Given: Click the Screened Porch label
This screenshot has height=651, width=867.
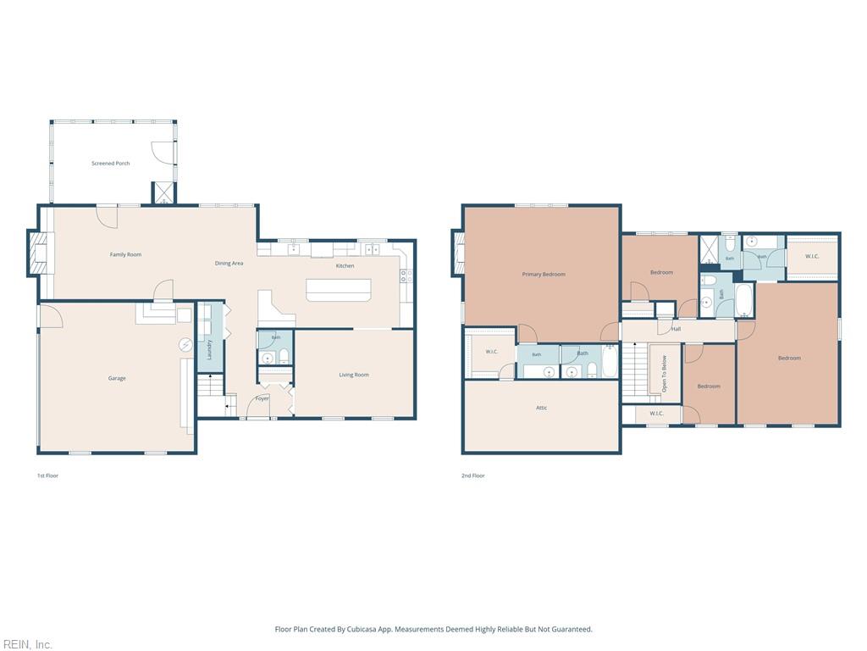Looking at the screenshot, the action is click(x=111, y=164).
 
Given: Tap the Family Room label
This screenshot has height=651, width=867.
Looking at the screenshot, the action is click(x=125, y=254).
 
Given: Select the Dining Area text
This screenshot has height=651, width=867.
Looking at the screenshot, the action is click(x=229, y=264).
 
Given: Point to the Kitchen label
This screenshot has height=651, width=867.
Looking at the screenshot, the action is click(x=345, y=265).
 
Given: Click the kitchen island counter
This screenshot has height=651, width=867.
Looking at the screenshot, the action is click(x=339, y=290).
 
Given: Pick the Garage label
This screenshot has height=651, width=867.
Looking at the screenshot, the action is click(x=117, y=379).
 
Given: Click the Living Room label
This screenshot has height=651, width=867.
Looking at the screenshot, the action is click(x=354, y=375).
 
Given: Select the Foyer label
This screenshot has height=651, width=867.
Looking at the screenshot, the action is click(x=262, y=398).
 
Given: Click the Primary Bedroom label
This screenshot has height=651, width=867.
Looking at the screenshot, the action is click(x=544, y=275).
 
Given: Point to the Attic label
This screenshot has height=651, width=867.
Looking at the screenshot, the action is click(x=541, y=408).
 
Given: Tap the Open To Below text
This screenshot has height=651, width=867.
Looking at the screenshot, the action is click(x=664, y=374).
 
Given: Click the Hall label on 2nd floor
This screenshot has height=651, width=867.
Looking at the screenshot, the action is click(x=676, y=329).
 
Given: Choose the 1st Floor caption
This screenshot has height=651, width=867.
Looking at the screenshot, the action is click(x=47, y=476).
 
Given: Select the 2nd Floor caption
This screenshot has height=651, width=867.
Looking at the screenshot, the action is click(x=472, y=476).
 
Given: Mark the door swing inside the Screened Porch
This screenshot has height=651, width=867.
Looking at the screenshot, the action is click(x=163, y=152).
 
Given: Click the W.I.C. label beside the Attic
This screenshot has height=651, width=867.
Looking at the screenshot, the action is click(x=492, y=352).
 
